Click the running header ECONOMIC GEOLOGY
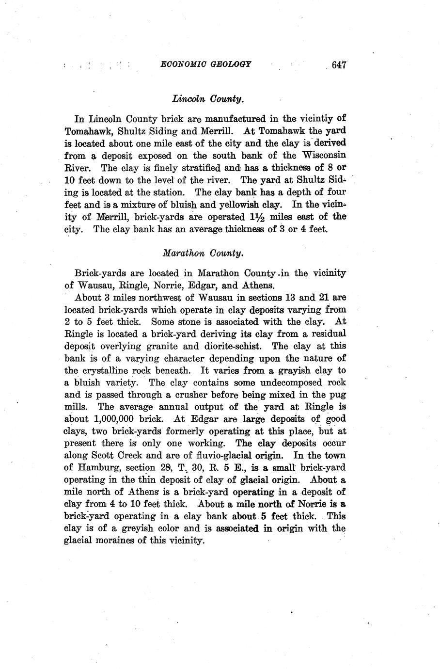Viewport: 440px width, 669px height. (205, 64)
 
